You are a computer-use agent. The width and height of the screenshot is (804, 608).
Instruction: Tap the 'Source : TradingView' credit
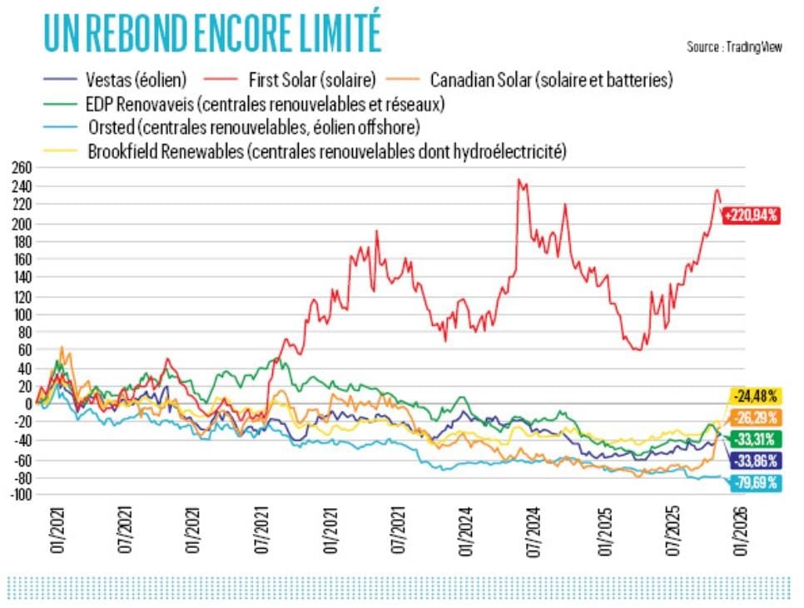pos(734,47)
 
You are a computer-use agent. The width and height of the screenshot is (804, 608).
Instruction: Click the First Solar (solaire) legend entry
pos(311,80)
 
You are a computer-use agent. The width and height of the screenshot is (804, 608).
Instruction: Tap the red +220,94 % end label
pos(751,215)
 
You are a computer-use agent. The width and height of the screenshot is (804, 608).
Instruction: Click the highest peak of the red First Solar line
pos(519,180)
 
